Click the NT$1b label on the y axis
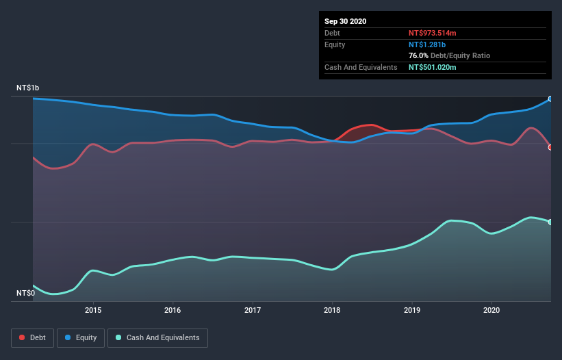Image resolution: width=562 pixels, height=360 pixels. tap(28, 88)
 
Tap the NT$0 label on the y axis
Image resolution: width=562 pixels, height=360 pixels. tap(25, 293)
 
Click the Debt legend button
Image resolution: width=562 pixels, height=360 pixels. tap(32, 337)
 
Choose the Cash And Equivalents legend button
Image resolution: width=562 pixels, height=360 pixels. tap(157, 337)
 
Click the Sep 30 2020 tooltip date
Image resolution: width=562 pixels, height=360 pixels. tap(345, 21)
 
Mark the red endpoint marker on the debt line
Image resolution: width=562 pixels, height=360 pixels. tap(550, 147)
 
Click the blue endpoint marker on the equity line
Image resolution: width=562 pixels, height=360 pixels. tap(550, 99)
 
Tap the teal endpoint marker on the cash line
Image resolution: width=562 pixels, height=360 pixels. tap(550, 222)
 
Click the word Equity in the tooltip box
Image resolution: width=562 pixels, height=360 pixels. tap(335, 44)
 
